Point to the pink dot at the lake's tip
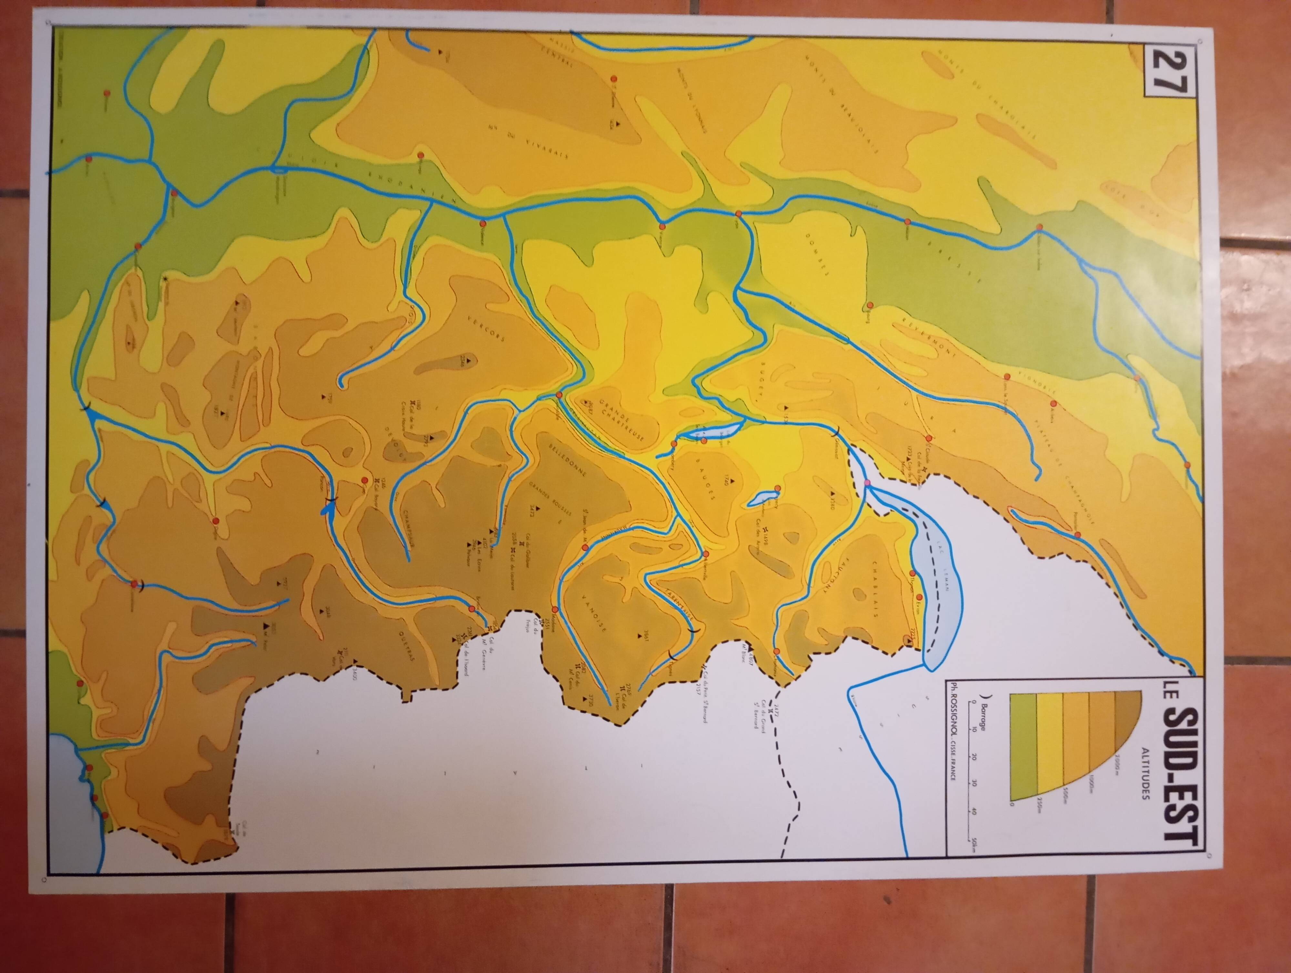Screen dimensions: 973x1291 click(x=867, y=482)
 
